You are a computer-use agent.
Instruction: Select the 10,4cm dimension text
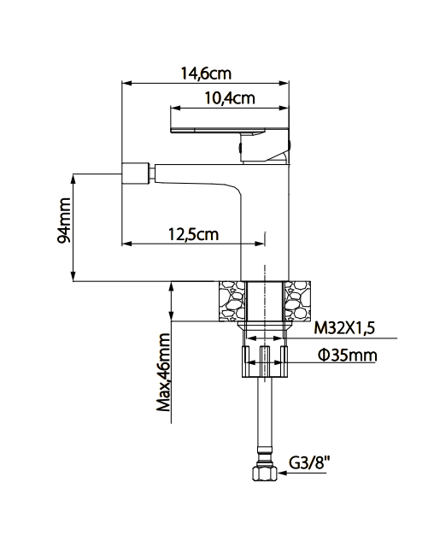tap(229, 98)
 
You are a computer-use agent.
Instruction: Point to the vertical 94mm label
tap(63, 227)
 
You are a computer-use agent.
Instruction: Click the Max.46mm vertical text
tap(164, 373)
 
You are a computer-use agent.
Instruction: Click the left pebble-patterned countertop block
tap(231, 301)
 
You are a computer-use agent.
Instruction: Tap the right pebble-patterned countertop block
tap(298, 301)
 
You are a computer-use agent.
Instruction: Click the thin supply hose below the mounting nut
tap(263, 419)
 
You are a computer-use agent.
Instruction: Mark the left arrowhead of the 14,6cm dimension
tap(127, 84)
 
